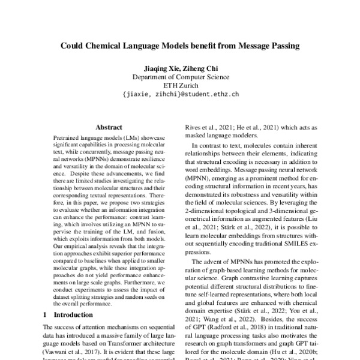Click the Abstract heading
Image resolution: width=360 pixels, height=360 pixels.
click(109, 127)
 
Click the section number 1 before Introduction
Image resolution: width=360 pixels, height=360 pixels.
click(46, 314)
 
